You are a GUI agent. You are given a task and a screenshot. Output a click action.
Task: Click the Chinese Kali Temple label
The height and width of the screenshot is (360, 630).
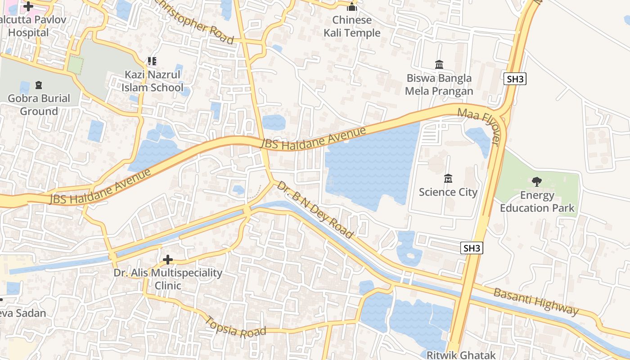click(x=352, y=27)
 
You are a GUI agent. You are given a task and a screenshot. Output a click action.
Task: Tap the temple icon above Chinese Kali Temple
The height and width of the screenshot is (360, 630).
click(x=352, y=7)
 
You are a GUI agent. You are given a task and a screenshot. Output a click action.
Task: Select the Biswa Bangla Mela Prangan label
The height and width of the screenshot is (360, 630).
click(x=439, y=85)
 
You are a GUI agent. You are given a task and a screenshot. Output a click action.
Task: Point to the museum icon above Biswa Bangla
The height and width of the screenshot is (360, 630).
click(x=439, y=64)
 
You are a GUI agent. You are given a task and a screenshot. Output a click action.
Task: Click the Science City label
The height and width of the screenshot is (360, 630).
click(x=448, y=192)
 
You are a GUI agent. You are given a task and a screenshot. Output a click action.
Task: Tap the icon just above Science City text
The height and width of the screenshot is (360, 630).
click(x=448, y=179)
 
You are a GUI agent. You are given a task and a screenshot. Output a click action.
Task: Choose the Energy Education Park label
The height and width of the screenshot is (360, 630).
click(x=537, y=202)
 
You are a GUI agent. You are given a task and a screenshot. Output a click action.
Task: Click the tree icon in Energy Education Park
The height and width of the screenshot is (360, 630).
click(x=536, y=182)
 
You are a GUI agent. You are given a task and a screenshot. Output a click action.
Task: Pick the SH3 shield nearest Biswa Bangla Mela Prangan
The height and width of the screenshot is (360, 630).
click(x=515, y=79)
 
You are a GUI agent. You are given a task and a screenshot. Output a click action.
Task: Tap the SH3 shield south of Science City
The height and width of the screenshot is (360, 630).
click(x=472, y=248)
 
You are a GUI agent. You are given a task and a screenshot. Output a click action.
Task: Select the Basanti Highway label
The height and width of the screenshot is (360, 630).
click(x=535, y=301)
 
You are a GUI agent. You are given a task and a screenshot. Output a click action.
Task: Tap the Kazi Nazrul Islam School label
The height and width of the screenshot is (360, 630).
click(x=153, y=81)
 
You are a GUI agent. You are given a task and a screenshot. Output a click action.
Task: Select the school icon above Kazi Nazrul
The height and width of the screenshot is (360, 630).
click(x=152, y=61)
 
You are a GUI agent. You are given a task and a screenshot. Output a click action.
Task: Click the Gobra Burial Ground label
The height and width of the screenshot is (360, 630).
click(x=39, y=105)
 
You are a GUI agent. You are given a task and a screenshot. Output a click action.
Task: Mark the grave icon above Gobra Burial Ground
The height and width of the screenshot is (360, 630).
click(x=39, y=85)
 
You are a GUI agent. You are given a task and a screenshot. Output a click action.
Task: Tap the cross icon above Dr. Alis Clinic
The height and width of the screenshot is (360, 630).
click(x=168, y=260)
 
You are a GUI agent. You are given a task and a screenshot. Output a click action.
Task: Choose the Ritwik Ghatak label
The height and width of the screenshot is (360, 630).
click(x=461, y=355)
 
